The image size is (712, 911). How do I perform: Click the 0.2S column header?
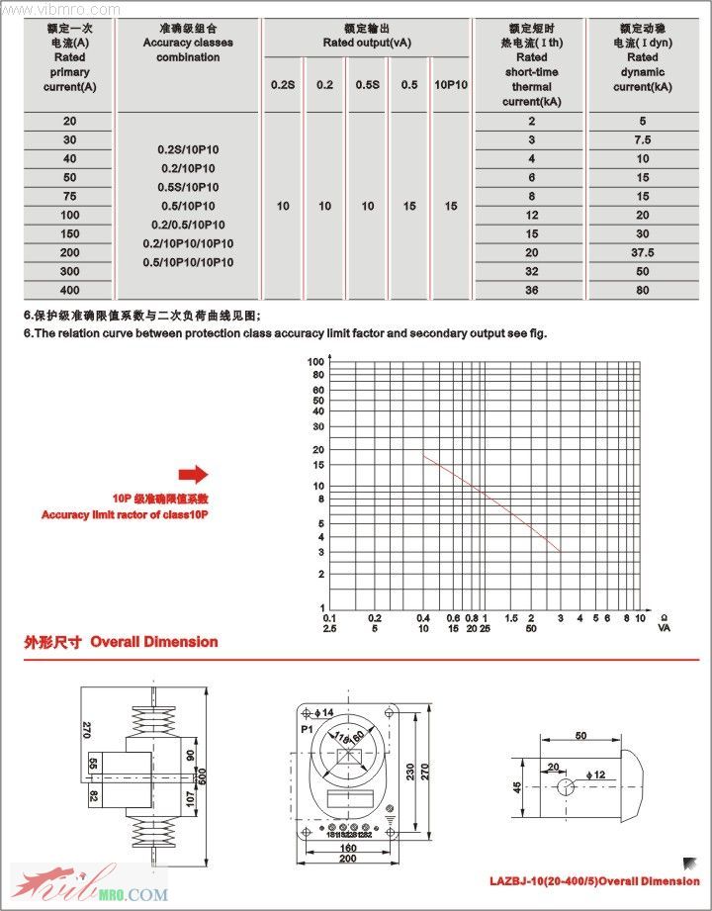click(x=283, y=85)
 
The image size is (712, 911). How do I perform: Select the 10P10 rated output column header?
click(x=451, y=85)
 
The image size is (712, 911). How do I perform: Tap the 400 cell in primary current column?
click(x=69, y=290)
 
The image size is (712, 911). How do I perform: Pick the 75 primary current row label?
click(x=69, y=197)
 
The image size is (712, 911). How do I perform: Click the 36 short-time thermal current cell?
click(x=532, y=290)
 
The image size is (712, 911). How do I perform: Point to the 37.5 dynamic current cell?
click(x=643, y=252)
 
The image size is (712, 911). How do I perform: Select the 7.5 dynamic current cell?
click(x=643, y=140)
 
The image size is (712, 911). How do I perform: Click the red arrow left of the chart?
click(x=194, y=474)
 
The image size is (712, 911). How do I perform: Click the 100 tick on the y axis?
click(x=317, y=362)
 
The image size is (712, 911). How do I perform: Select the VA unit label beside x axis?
click(x=665, y=628)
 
